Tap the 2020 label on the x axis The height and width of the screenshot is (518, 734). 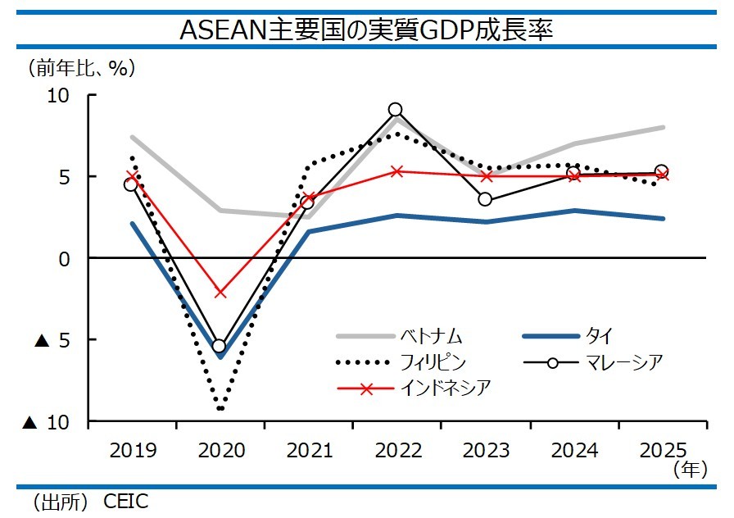pos(220,450)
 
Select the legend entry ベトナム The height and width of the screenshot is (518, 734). pos(431,336)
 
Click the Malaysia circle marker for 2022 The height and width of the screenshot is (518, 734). pos(396,110)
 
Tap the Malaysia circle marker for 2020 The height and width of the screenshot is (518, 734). pos(220,346)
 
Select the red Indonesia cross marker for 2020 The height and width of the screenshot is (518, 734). pos(220,293)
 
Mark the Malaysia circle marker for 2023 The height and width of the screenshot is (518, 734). pos(485,199)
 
